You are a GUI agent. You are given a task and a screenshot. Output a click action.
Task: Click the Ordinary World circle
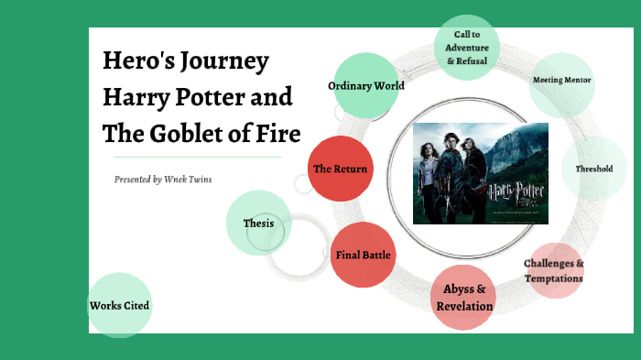[x=366, y=86]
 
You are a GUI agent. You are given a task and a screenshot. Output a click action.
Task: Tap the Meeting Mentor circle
[x=562, y=81]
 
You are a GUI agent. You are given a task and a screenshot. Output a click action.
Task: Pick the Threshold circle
[x=593, y=169]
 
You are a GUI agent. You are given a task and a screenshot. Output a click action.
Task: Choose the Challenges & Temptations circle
[x=554, y=270]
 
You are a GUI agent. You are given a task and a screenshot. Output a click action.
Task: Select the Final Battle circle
[x=364, y=255]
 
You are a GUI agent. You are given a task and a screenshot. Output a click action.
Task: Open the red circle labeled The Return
[x=340, y=169]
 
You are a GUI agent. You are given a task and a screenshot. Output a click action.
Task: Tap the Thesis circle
[x=258, y=223]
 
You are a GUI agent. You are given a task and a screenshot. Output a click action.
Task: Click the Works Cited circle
[x=119, y=305]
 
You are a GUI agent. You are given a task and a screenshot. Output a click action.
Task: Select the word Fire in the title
[x=277, y=133]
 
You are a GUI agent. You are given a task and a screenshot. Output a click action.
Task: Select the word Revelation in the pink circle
[x=465, y=306]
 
